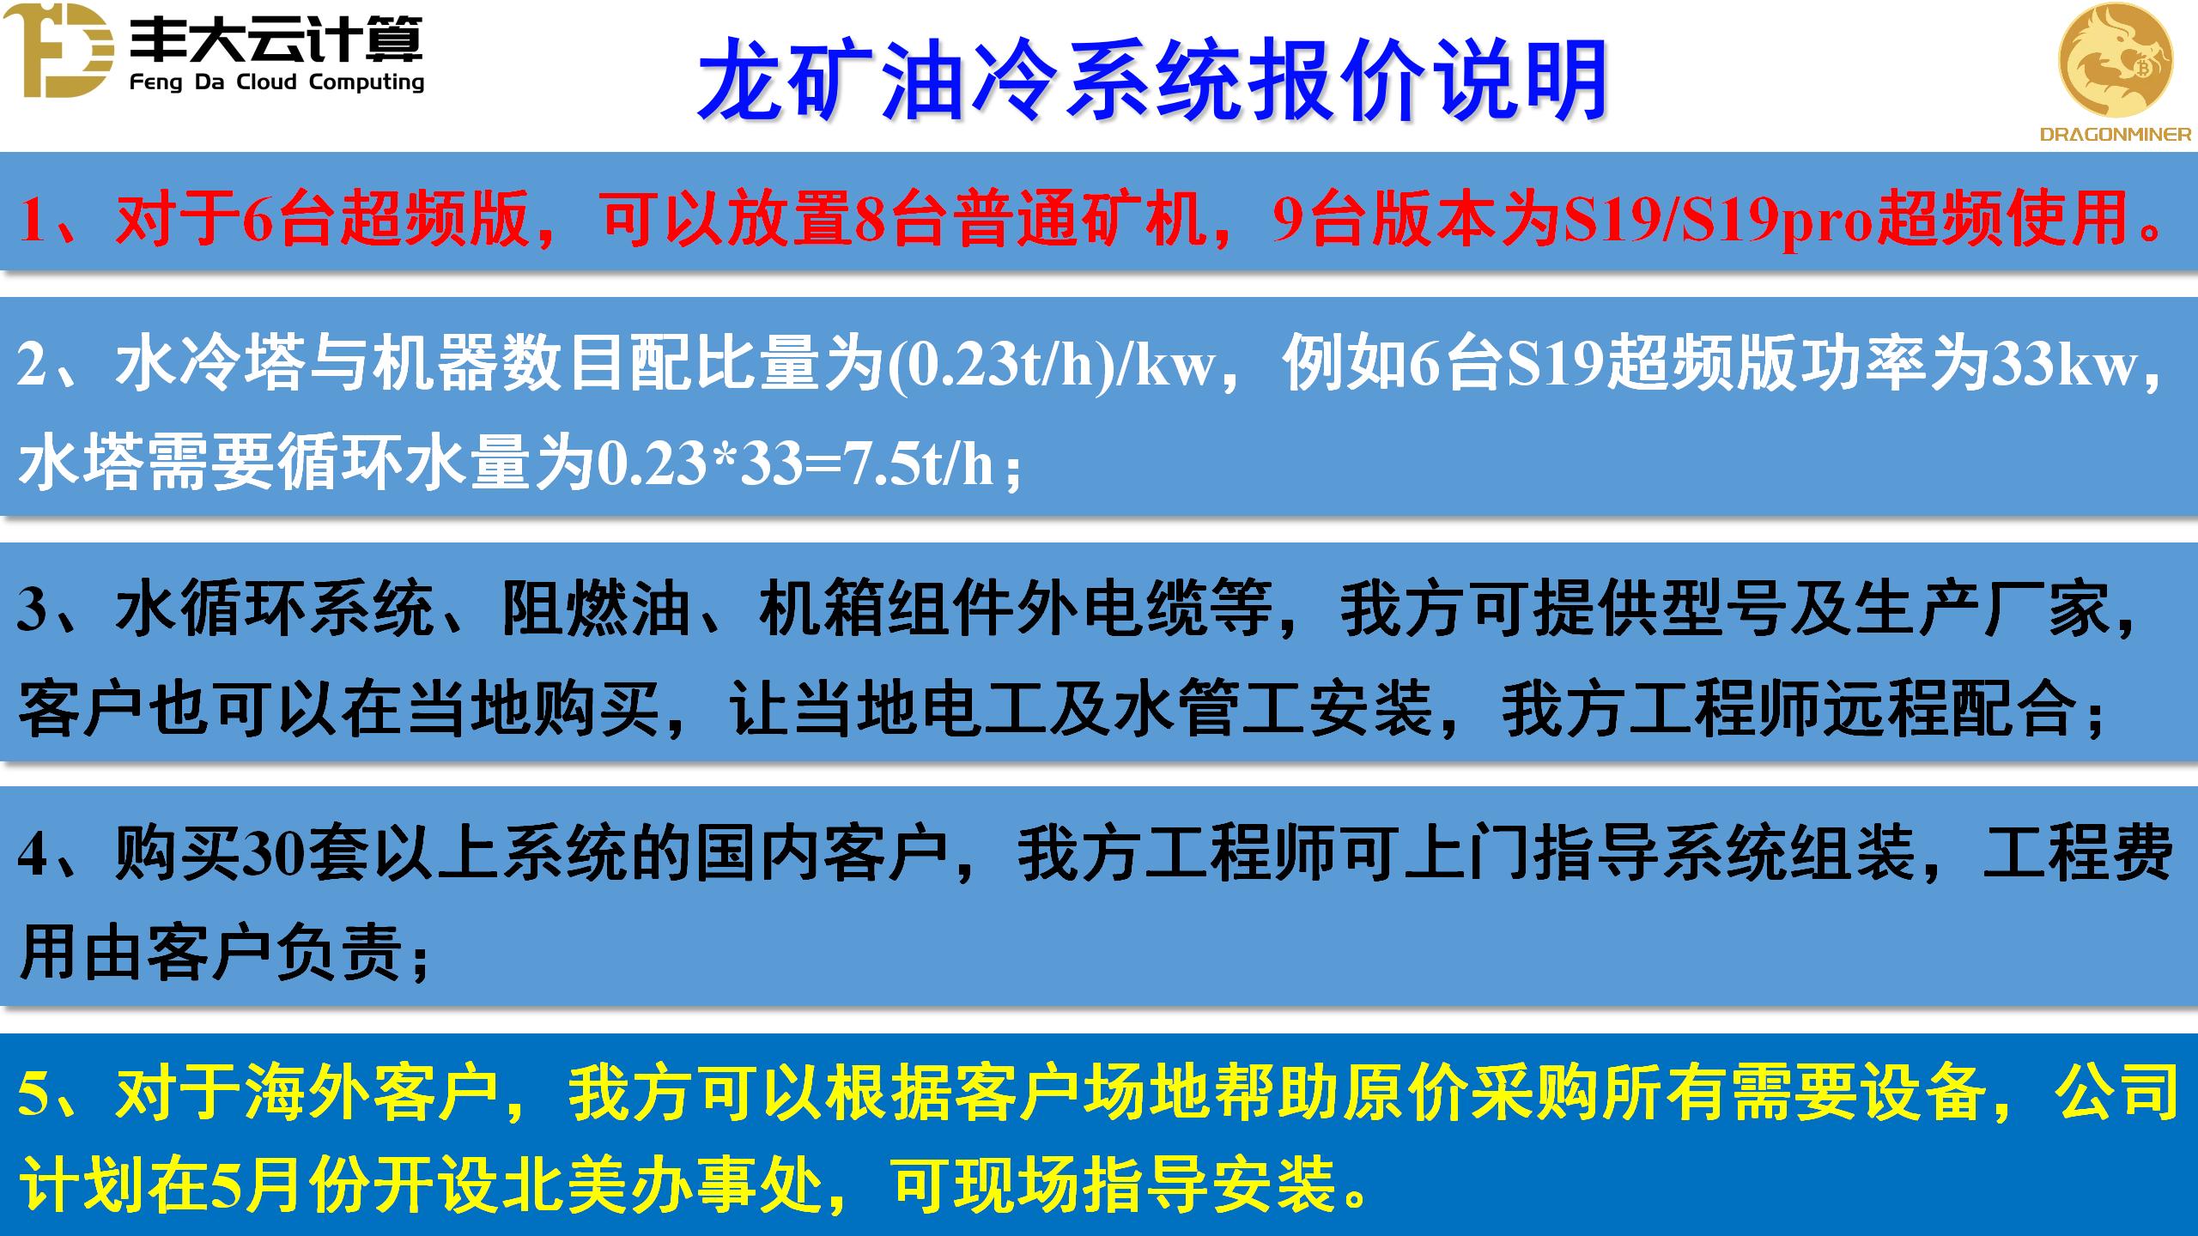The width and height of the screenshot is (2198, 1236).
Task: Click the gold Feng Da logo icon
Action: coord(58,51)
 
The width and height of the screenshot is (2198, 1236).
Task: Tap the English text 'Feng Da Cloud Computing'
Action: coord(277,82)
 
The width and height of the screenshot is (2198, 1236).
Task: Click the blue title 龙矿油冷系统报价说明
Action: coord(1151,79)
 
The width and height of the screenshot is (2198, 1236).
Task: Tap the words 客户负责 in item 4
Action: coord(275,952)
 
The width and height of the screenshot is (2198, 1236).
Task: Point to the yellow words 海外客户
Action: coord(371,1094)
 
